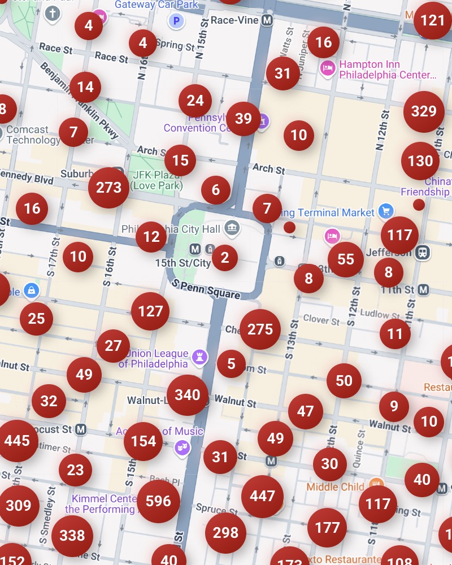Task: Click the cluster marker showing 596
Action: (158, 501)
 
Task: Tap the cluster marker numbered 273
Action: (108, 188)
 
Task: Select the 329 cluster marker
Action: (424, 111)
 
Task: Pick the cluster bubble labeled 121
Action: (433, 21)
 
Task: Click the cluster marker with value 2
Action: (225, 258)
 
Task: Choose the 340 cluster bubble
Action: (188, 395)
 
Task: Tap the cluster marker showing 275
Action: (260, 329)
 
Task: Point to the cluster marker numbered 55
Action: (346, 259)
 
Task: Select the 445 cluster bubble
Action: (17, 441)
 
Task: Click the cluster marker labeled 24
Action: (195, 101)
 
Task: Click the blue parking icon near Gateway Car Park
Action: (177, 21)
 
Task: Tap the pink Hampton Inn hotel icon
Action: (327, 69)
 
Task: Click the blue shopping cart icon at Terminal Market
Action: (386, 211)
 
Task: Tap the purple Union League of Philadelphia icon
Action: (198, 357)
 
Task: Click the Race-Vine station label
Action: (234, 20)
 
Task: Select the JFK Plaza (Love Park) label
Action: (156, 180)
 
